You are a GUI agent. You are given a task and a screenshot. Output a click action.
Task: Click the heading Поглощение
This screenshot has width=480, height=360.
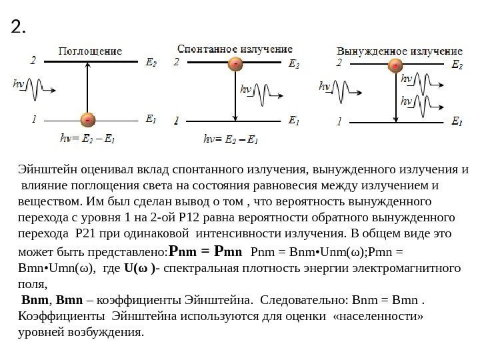click(91, 51)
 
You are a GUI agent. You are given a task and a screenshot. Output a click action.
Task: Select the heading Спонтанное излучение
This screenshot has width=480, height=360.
click(235, 49)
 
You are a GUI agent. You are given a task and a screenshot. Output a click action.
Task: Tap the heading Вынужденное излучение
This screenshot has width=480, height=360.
click(399, 51)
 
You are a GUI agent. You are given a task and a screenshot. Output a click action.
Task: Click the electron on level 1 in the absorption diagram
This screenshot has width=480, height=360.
click(88, 120)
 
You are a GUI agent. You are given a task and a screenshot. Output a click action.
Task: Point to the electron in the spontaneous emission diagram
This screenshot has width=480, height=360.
click(235, 65)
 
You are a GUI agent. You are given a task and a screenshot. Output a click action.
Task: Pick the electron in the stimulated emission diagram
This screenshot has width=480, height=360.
click(395, 65)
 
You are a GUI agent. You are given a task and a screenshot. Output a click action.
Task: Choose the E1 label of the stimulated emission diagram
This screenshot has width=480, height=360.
click(457, 122)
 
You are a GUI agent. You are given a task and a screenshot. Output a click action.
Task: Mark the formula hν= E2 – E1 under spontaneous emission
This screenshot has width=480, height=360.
click(231, 140)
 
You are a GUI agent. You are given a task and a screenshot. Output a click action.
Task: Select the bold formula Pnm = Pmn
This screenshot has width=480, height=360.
click(206, 253)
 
